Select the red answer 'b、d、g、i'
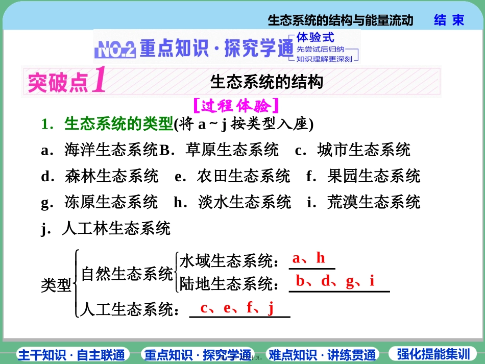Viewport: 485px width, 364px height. pyautogui.click(x=335, y=281)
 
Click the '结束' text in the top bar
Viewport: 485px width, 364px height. pyautogui.click(x=449, y=20)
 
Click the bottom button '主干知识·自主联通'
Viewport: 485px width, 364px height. pyautogui.click(x=71, y=354)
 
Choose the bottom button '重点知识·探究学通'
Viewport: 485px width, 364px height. pyautogui.click(x=198, y=354)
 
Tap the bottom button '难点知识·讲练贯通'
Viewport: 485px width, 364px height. pyautogui.click(x=323, y=354)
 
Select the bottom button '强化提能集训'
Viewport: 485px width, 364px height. pyautogui.click(x=433, y=354)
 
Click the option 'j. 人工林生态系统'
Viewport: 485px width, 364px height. pyautogui.click(x=106, y=228)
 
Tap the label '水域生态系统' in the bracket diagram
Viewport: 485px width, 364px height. pyautogui.click(x=225, y=261)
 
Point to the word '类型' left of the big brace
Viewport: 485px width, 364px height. pyautogui.click(x=56, y=285)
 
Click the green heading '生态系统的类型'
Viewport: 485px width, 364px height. pyautogui.click(x=119, y=124)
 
